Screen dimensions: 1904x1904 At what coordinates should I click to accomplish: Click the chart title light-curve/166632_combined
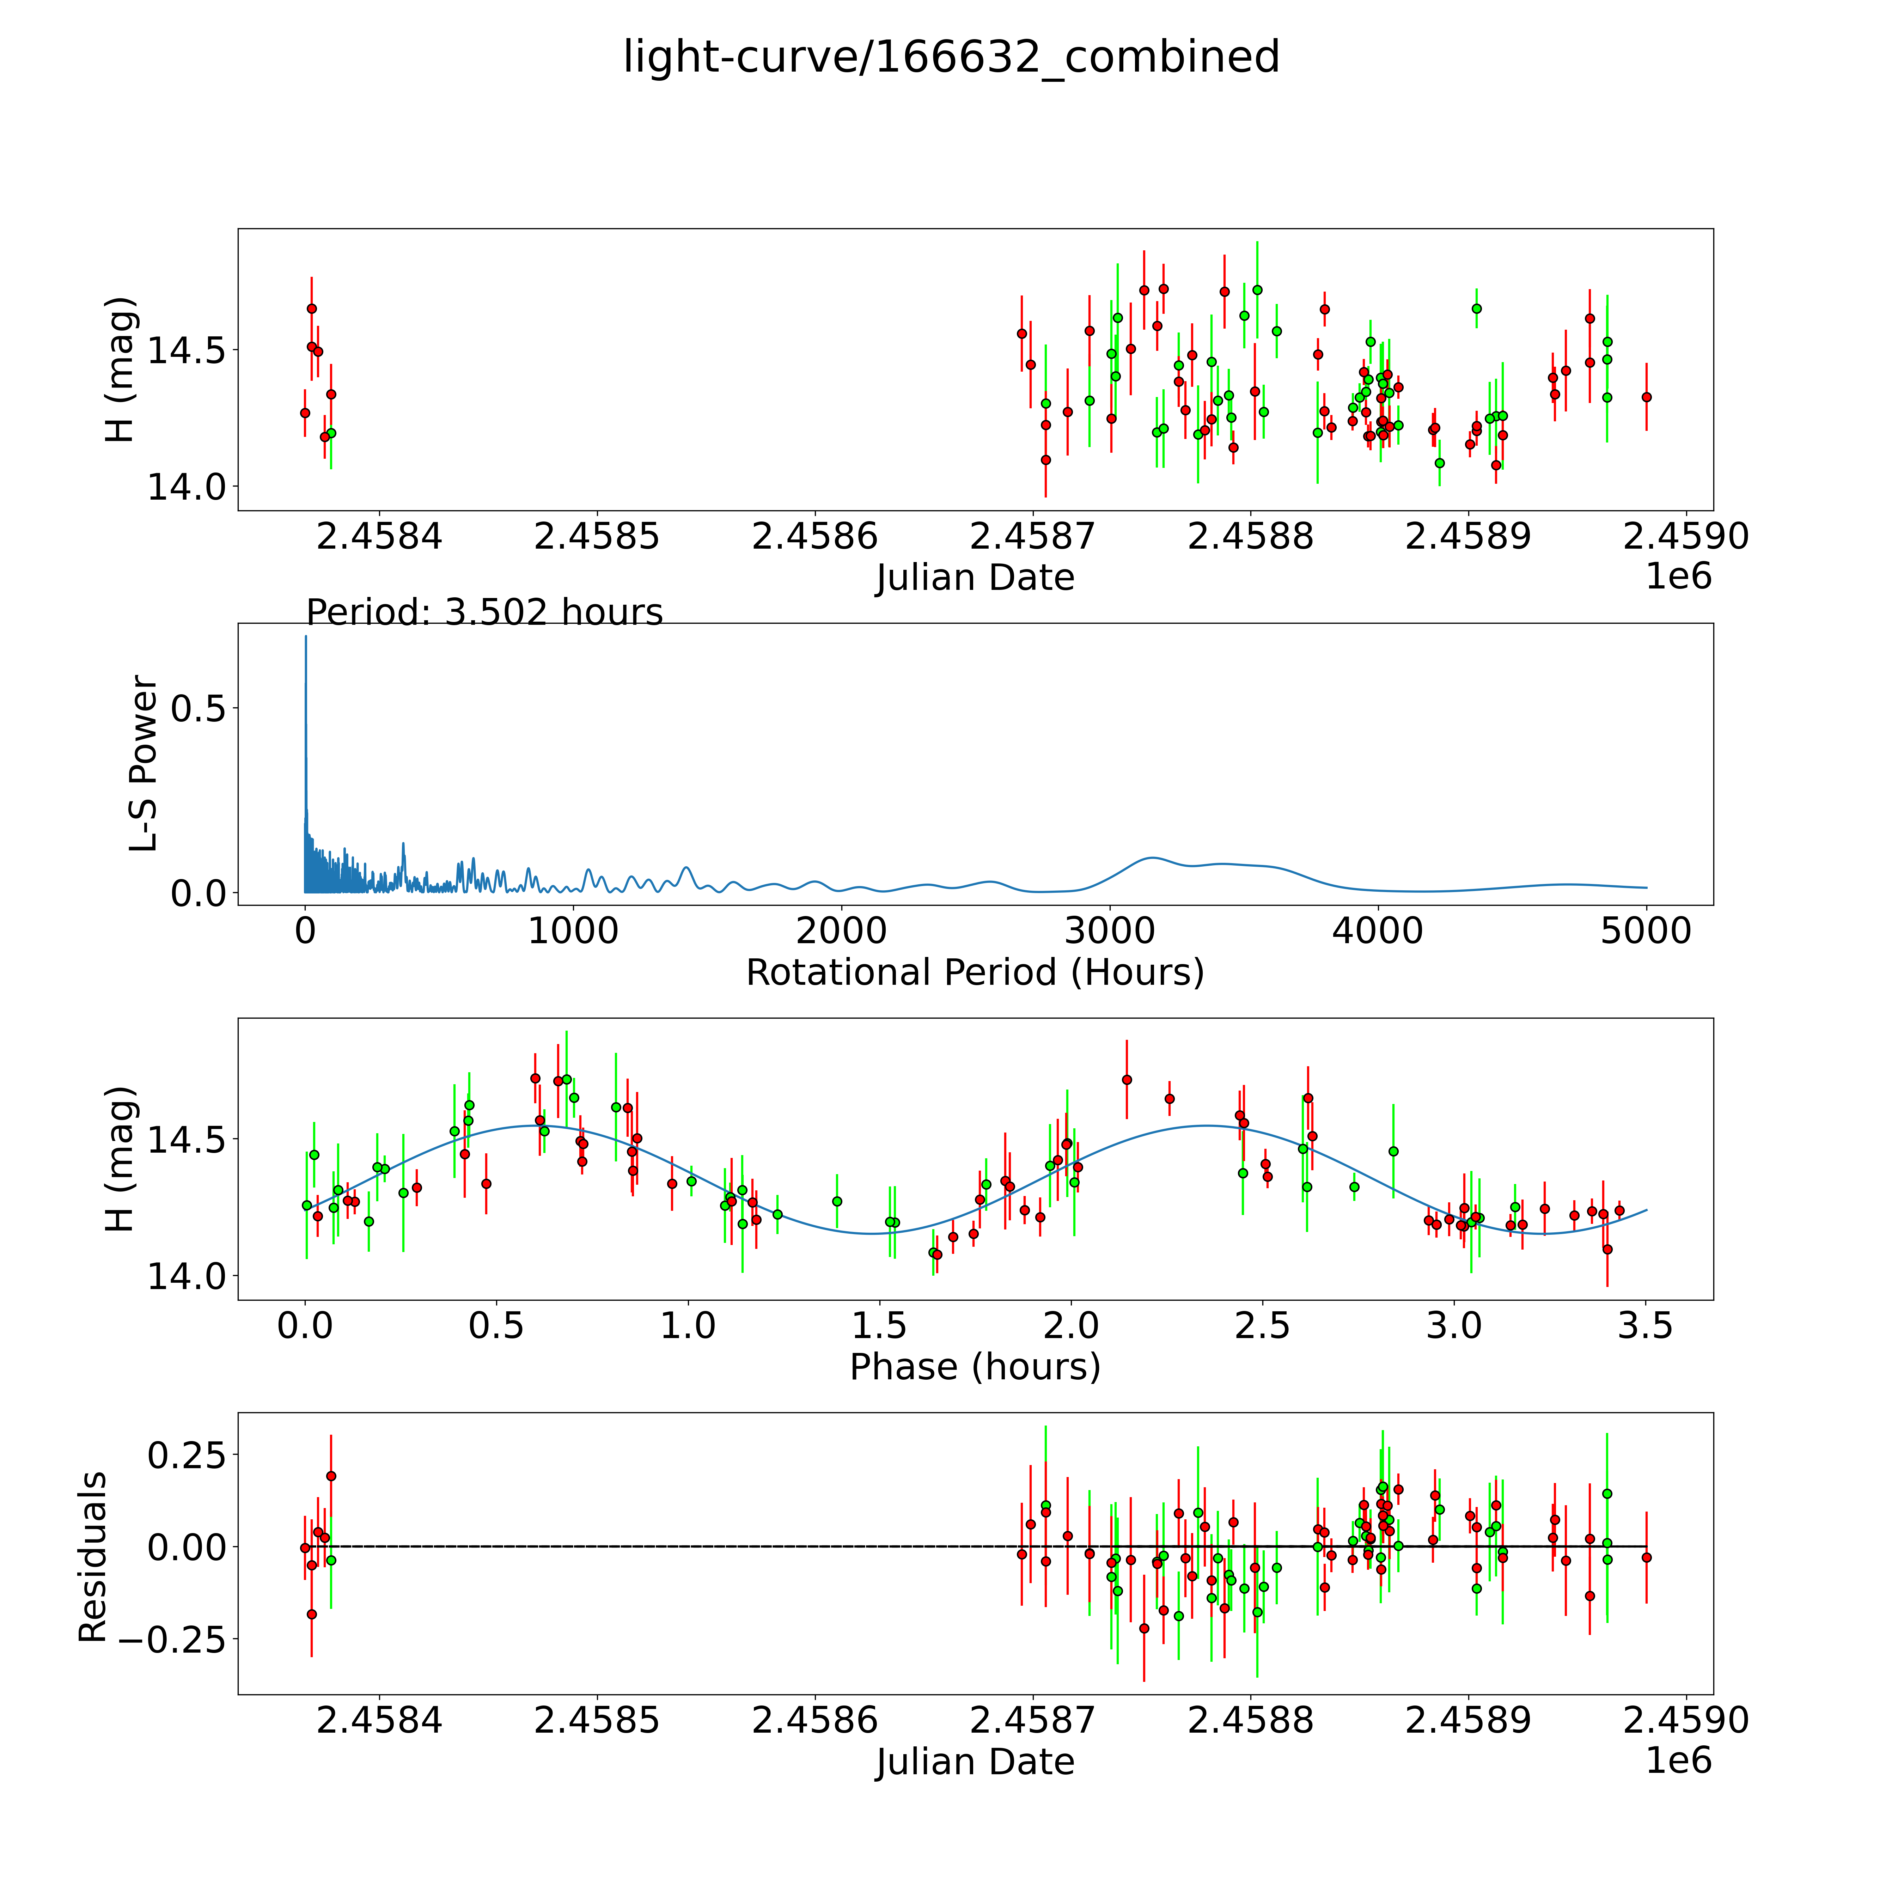click(951, 57)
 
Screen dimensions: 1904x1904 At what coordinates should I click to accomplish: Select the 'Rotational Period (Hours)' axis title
click(975, 973)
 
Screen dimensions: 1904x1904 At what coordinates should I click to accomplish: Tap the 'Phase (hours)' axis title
click(975, 1367)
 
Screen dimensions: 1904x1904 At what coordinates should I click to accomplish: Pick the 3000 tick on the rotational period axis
click(1110, 931)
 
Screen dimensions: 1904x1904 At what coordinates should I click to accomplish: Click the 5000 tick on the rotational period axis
click(1646, 931)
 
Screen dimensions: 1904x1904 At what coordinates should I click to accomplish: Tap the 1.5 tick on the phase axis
click(879, 1325)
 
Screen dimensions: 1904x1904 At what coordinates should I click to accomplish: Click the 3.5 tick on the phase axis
click(1646, 1325)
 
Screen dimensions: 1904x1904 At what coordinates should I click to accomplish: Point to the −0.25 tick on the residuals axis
click(185, 1640)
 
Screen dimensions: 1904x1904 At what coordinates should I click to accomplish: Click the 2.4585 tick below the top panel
click(596, 537)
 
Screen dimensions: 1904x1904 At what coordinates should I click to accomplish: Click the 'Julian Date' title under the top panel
click(975, 578)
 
